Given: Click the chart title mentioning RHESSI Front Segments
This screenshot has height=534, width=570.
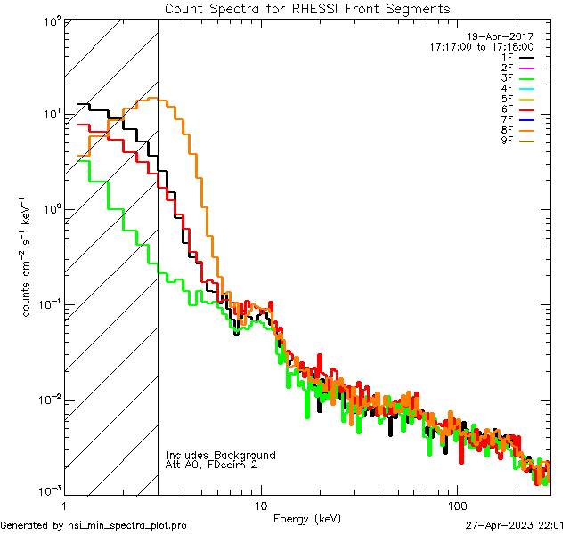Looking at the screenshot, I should pos(307,8).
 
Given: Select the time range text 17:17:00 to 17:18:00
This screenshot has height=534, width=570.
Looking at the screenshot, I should pos(480,46).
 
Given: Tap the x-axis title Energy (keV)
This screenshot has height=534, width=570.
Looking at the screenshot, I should pos(307,518).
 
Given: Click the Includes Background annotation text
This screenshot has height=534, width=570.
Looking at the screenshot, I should pos(221,455).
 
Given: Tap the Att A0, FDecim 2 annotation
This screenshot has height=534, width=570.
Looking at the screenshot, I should pos(212,465).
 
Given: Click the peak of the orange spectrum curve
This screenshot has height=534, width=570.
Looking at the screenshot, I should pos(157,99).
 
